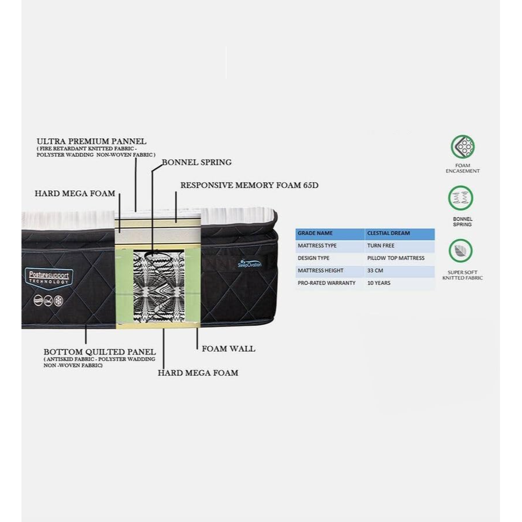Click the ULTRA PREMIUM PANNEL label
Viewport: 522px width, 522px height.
click(x=92, y=141)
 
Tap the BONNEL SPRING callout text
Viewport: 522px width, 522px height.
click(x=196, y=162)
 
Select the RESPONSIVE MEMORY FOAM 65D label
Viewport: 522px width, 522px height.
click(x=249, y=186)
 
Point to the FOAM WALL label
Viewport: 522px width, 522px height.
click(x=229, y=349)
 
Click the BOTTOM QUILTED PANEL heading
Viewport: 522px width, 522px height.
click(x=100, y=351)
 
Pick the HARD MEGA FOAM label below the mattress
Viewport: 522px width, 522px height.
click(x=198, y=372)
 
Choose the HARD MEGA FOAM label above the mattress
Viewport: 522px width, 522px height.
click(x=75, y=193)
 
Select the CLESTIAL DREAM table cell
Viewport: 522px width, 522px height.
click(x=389, y=233)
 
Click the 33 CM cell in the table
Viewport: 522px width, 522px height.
click(x=375, y=270)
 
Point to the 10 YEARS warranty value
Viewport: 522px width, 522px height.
click(x=379, y=283)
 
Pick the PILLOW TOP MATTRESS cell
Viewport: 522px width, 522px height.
click(x=396, y=258)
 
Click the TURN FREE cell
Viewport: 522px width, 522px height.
click(x=380, y=245)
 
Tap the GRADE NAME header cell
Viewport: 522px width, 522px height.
click(x=316, y=233)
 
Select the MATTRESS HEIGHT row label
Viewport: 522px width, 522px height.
click(x=321, y=270)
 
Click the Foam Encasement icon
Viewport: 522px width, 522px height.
click(x=462, y=147)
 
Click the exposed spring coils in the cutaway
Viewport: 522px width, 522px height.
click(x=158, y=289)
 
